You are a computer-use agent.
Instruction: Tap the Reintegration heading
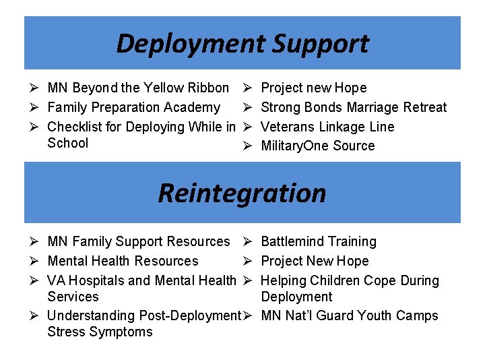tap(242, 193)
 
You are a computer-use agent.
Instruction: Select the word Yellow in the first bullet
tap(165, 88)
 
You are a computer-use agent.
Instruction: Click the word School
tap(68, 143)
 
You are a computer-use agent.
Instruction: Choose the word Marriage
tap(373, 107)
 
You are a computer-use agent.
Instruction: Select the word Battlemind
tap(293, 241)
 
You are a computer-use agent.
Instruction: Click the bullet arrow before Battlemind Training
tap(247, 241)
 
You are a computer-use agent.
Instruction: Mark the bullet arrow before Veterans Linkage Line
tap(247, 127)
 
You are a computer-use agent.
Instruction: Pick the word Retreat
tap(425, 107)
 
